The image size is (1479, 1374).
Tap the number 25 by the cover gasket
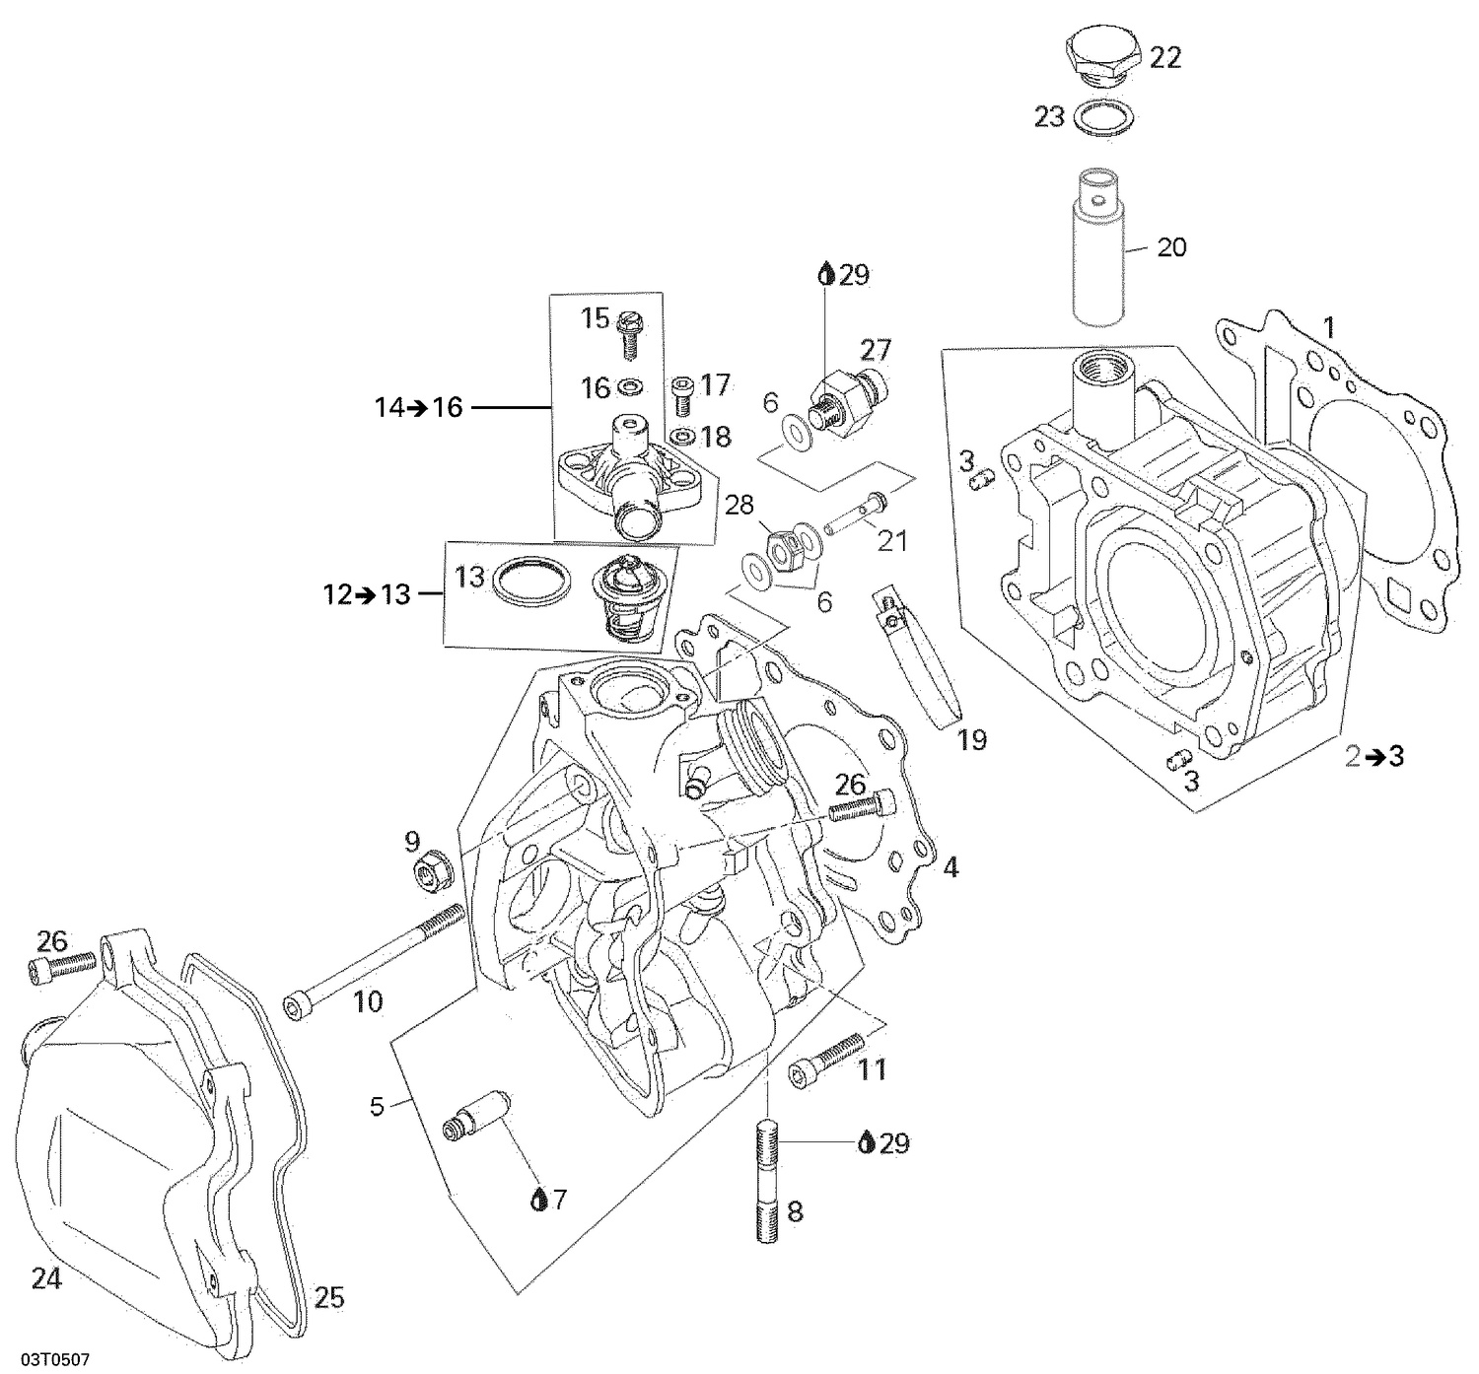[x=329, y=1297]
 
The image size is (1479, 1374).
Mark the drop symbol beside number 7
[x=539, y=1200]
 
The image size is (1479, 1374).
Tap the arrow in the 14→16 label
[x=419, y=406]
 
